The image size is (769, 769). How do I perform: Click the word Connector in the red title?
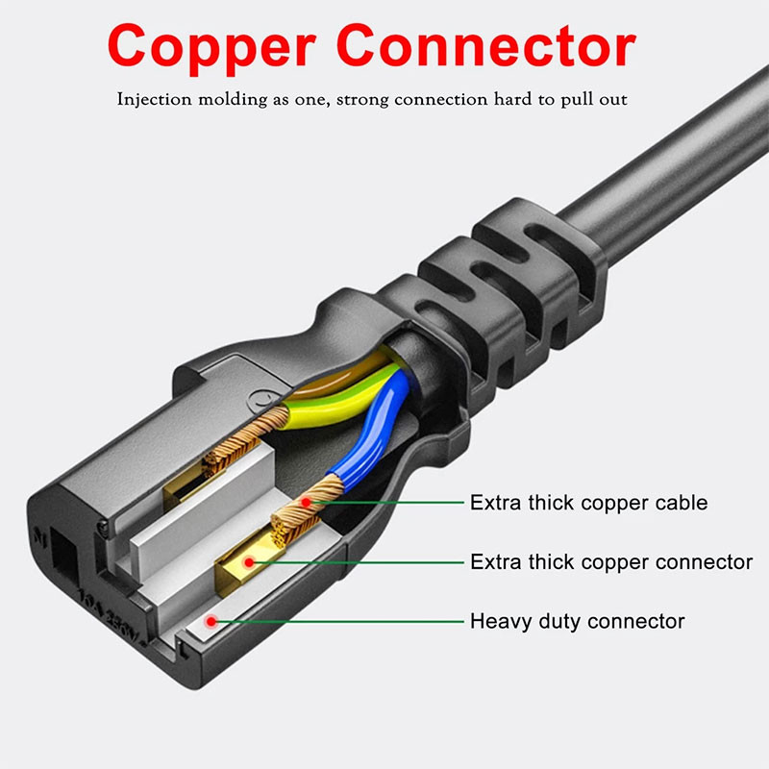tap(486, 45)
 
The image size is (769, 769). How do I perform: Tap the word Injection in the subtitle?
tap(154, 100)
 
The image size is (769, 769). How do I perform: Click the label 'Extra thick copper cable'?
tap(588, 503)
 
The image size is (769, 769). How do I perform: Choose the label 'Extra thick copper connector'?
tap(611, 562)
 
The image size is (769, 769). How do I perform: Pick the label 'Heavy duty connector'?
tap(578, 621)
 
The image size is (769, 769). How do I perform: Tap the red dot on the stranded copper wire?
tap(306, 502)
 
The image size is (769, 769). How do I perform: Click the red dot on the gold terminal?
tap(249, 562)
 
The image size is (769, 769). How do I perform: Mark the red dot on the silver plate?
tap(211, 621)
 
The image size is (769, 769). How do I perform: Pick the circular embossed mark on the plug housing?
tap(260, 401)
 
